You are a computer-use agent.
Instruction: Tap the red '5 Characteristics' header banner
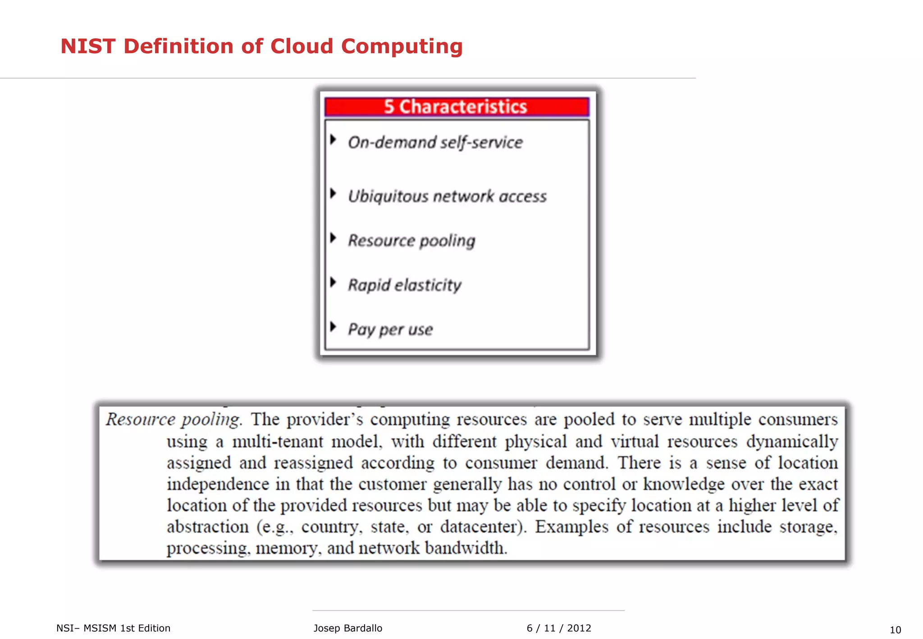pyautogui.click(x=456, y=107)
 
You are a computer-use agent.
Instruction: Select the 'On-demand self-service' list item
pyautogui.click(x=435, y=142)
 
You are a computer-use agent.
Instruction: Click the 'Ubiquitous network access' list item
pyautogui.click(x=447, y=196)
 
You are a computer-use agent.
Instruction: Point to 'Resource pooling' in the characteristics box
pyautogui.click(x=411, y=241)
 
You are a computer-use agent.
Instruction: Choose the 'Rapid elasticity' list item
pyautogui.click(x=405, y=285)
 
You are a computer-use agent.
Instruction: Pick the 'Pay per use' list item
pyautogui.click(x=390, y=329)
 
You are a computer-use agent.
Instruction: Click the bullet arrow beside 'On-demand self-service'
pyautogui.click(x=333, y=139)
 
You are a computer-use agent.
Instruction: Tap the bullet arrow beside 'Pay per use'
pyautogui.click(x=333, y=326)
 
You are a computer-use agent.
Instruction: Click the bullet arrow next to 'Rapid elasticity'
pyautogui.click(x=333, y=282)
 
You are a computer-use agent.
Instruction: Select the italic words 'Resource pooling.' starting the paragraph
pyautogui.click(x=174, y=420)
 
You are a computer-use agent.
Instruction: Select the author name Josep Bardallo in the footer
pyautogui.click(x=347, y=628)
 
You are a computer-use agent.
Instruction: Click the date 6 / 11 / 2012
pyautogui.click(x=559, y=628)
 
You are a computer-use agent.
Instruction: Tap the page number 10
pyautogui.click(x=895, y=630)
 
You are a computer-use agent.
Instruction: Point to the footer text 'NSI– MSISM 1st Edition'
pyautogui.click(x=114, y=628)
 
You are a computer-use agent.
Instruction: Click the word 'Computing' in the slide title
pyautogui.click(x=402, y=46)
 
